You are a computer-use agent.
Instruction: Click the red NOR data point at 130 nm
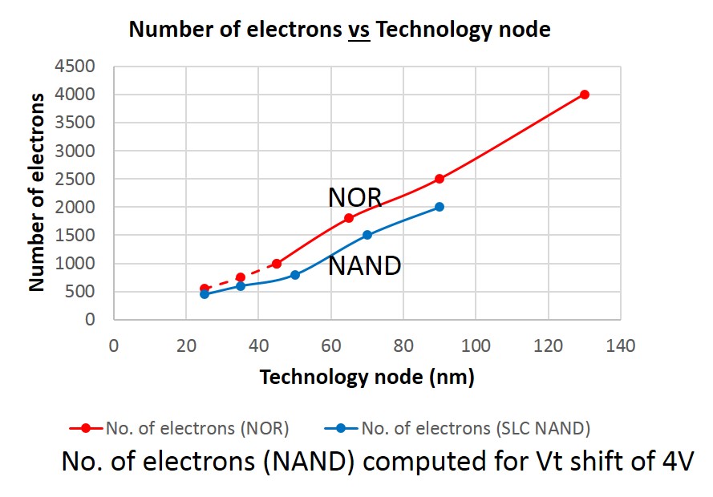[584, 95]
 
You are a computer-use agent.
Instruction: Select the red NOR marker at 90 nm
[440, 179]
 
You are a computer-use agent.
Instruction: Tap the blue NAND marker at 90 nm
[440, 207]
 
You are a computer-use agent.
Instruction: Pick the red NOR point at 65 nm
[349, 218]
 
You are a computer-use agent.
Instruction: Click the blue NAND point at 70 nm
[367, 235]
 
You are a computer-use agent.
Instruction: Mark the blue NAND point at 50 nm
[295, 275]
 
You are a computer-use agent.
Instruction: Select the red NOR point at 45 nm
[277, 264]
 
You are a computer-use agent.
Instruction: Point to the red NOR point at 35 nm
[241, 277]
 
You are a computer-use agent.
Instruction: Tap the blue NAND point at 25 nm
[205, 294]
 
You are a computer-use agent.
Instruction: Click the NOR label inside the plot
[354, 197]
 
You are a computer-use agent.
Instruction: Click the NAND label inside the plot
[364, 265]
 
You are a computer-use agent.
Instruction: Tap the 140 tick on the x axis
[621, 346]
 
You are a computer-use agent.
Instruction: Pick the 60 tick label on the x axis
[331, 346]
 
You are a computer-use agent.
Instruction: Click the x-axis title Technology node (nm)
[367, 377]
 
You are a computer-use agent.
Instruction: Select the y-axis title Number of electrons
[37, 192]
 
